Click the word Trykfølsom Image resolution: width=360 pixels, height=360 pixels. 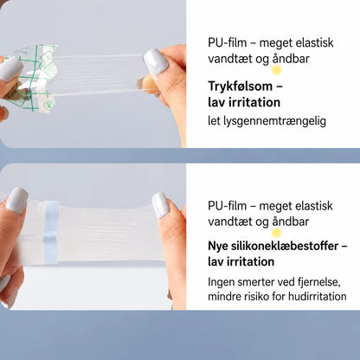pyautogui.click(x=240, y=87)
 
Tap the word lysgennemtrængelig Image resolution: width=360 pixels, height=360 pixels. pyautogui.click(x=275, y=121)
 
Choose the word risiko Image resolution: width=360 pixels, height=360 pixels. pyautogui.click(x=254, y=296)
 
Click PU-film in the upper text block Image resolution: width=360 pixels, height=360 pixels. pyautogui.click(x=228, y=42)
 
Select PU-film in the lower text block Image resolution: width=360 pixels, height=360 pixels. pyautogui.click(x=228, y=206)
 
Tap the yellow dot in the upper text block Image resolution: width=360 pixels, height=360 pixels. pyautogui.click(x=276, y=70)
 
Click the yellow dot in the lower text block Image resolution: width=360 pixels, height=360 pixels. pyautogui.click(x=276, y=233)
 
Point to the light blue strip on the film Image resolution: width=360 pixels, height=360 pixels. pyautogui.click(x=51, y=232)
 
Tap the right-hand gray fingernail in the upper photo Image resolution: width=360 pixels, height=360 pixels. pyautogui.click(x=156, y=61)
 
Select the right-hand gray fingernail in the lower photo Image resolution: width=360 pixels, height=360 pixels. pyautogui.click(x=160, y=205)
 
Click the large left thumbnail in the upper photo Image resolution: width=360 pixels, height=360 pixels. pyautogui.click(x=10, y=69)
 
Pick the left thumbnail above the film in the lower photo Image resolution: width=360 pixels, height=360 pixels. pyautogui.click(x=17, y=200)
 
